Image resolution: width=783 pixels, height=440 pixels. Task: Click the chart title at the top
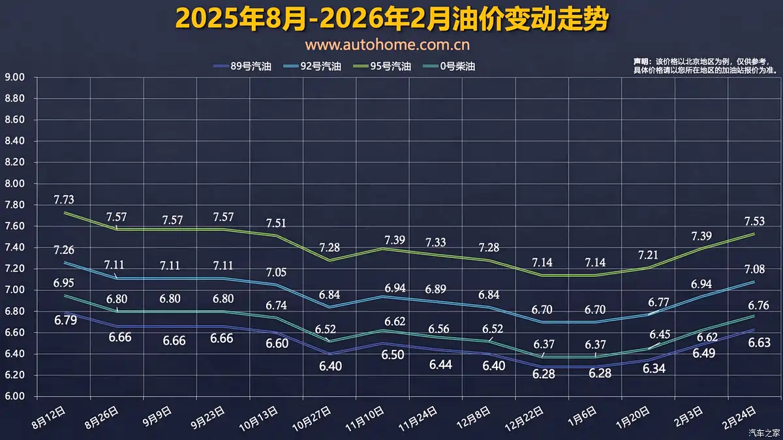coord(391,19)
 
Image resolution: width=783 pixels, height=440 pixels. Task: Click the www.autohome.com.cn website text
coord(388,45)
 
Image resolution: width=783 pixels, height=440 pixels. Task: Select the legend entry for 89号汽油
coord(242,66)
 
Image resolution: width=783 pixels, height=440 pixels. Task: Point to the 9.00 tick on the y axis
coord(14,78)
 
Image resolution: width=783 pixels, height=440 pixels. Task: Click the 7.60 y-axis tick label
coord(14,227)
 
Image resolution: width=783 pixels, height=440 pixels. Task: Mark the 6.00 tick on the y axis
coord(14,396)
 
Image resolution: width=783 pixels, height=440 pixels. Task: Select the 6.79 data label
coord(67,321)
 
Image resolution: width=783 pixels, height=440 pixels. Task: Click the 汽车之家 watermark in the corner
coord(764,432)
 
